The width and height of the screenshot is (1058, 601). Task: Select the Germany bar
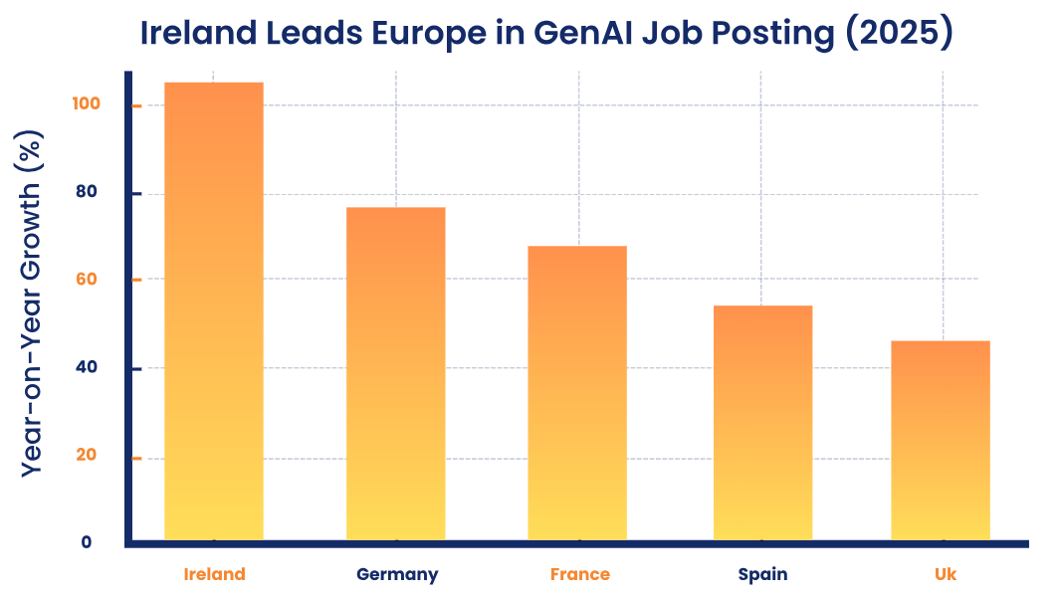(x=396, y=374)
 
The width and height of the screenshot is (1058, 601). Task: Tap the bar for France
(x=577, y=393)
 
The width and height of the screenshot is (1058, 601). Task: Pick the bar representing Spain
(x=762, y=423)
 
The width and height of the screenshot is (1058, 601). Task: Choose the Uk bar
(x=941, y=441)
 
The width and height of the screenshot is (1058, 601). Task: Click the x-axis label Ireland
(x=214, y=574)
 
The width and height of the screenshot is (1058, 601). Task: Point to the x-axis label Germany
(x=397, y=574)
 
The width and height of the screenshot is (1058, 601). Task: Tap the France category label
(x=579, y=574)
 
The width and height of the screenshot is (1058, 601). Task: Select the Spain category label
(x=762, y=574)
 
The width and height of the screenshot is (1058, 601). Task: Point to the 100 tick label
(x=87, y=103)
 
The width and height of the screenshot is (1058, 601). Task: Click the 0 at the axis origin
(x=87, y=542)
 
